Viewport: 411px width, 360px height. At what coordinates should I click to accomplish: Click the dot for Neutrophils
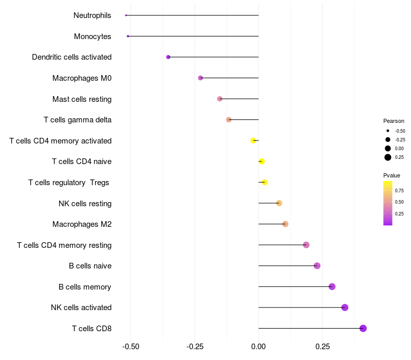tap(126, 15)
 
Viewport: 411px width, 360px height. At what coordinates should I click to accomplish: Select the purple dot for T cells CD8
tap(363, 328)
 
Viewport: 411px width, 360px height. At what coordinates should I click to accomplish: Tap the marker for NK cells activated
tap(345, 308)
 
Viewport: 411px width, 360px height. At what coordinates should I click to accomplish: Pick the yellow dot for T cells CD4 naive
tap(261, 161)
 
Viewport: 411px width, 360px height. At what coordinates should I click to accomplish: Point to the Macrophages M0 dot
tap(200, 78)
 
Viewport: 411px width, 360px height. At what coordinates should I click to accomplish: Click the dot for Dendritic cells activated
tap(168, 57)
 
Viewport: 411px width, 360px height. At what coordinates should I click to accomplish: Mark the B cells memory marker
tap(332, 286)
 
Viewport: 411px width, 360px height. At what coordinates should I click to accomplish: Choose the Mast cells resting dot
tap(220, 99)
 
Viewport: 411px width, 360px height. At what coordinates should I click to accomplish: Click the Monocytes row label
tap(92, 37)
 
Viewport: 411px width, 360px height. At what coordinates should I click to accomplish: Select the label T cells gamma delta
tap(78, 120)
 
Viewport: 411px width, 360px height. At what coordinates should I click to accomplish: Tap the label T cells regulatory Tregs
tap(69, 183)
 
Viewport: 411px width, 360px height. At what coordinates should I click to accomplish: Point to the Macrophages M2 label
tap(82, 224)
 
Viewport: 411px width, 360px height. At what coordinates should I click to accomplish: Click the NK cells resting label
tap(85, 204)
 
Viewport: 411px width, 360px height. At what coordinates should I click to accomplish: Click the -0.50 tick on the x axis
tap(131, 347)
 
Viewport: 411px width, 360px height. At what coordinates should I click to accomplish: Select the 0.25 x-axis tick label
tap(322, 347)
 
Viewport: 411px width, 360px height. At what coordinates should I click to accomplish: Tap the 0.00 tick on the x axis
tap(258, 347)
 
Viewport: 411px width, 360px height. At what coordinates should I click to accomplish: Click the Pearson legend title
tap(394, 121)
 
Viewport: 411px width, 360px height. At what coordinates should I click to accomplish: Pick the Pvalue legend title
tap(391, 175)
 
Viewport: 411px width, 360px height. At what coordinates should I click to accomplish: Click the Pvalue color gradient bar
tap(388, 203)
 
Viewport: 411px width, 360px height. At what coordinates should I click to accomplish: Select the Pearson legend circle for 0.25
tap(388, 157)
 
